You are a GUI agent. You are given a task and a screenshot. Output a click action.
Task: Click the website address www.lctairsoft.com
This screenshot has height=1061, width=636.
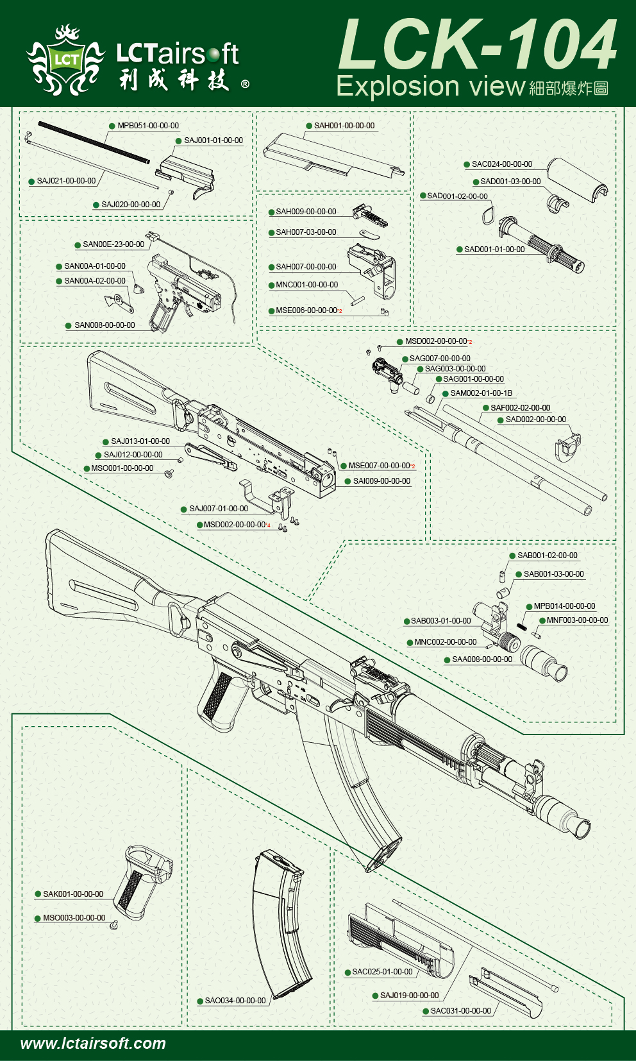click(93, 1044)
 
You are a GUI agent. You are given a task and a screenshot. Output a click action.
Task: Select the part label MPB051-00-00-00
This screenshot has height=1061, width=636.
click(148, 126)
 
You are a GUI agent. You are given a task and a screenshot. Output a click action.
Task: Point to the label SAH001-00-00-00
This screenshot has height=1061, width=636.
click(344, 126)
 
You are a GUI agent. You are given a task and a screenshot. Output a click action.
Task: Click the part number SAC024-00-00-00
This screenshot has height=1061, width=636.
click(502, 164)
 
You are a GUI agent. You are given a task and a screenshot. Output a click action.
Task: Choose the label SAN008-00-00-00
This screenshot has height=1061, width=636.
click(105, 325)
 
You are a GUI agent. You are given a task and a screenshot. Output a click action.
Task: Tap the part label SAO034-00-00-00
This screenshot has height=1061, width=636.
click(235, 1001)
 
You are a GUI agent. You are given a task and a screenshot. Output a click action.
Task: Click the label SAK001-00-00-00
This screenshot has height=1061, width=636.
click(73, 894)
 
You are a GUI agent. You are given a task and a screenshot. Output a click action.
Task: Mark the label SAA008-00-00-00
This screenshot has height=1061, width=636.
click(482, 659)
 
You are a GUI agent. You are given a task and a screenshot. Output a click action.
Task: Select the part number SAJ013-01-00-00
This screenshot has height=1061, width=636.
click(140, 441)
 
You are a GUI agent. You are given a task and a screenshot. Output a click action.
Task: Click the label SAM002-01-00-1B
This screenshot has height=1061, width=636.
click(481, 393)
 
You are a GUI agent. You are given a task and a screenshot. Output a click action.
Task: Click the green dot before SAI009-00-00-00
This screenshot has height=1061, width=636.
click(347, 481)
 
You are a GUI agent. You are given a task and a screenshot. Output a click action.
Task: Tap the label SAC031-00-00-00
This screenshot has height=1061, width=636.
click(461, 1011)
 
